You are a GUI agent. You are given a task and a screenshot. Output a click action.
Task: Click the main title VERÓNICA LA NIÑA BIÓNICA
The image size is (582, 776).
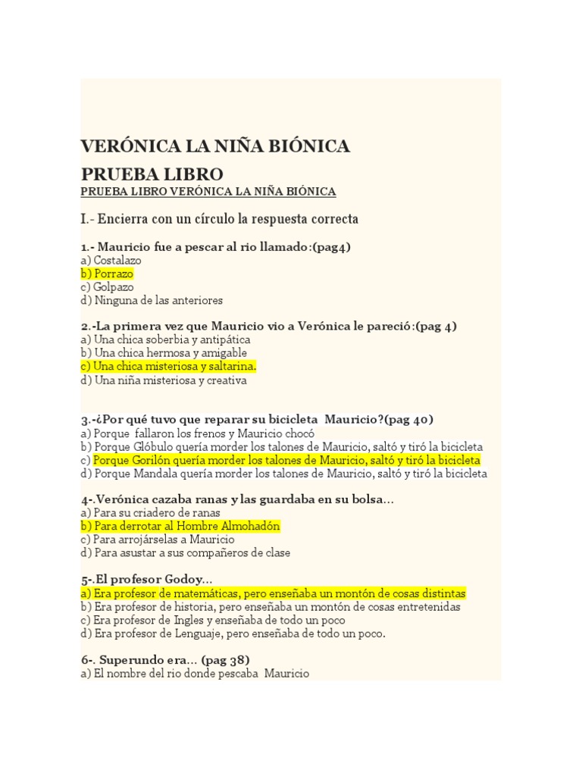pyautogui.click(x=215, y=146)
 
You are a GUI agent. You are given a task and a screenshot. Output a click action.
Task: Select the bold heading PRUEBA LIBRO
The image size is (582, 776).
pyautogui.click(x=152, y=174)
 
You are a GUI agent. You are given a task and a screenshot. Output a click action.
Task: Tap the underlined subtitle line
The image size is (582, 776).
pyautogui.click(x=208, y=192)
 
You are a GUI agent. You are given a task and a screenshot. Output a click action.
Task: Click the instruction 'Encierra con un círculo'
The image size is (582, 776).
pyautogui.click(x=219, y=219)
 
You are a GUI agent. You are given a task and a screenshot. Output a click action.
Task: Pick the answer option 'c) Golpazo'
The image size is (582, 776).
pyautogui.click(x=107, y=287)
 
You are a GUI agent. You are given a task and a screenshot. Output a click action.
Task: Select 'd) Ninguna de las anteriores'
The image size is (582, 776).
pyautogui.click(x=152, y=301)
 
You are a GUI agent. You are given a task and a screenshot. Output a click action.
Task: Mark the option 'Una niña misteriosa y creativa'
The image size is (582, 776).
pyautogui.click(x=164, y=380)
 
